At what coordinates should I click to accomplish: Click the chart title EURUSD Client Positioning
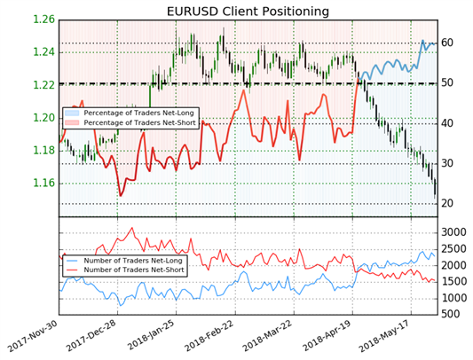point(248,12)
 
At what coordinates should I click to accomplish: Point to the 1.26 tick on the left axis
point(43,20)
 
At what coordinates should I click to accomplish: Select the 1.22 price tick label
point(43,85)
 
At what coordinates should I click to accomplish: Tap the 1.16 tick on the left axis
point(43,184)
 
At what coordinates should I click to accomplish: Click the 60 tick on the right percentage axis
point(446,43)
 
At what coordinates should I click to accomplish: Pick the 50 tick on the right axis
point(446,83)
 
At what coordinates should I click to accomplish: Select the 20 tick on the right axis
point(446,204)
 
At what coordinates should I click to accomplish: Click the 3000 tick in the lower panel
point(453,232)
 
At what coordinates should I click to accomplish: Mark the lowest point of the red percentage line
point(121,196)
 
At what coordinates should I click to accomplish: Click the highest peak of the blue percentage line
point(422,40)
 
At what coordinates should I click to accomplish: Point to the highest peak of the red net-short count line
point(131,228)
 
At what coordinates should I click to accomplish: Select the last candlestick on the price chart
point(435,189)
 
